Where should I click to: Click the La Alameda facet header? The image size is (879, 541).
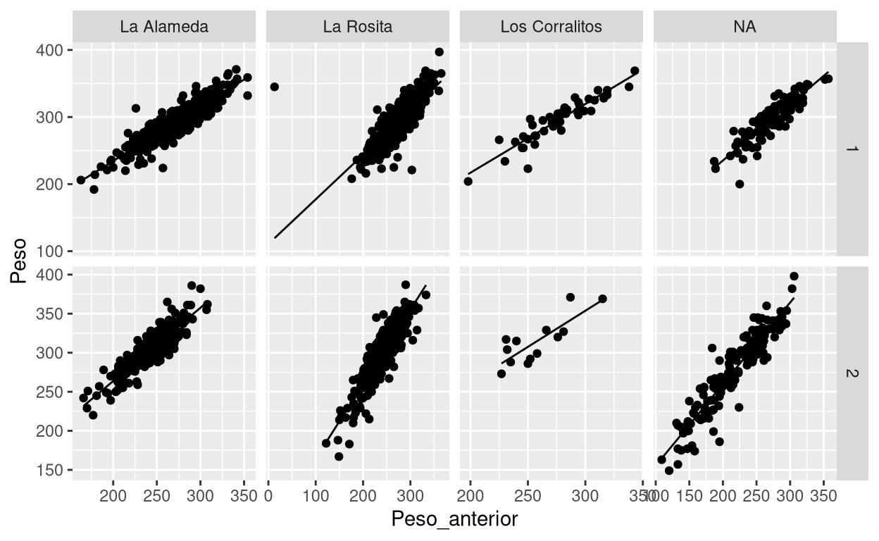pos(163,27)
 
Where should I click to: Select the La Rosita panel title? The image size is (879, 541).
pos(357,27)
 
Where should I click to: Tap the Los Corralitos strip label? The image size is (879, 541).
pos(551,27)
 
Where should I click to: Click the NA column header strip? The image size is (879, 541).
pos(744,27)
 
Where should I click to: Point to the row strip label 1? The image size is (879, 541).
pos(852,150)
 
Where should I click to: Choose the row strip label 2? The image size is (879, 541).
pos(852,373)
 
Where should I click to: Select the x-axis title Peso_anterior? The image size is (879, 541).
pos(454,520)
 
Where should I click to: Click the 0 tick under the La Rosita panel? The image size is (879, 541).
pos(269,495)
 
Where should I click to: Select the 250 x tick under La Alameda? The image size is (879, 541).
pos(157,495)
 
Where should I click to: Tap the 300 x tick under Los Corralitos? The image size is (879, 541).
pos(585,495)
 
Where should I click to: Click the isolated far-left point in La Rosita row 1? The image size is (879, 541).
pos(275,87)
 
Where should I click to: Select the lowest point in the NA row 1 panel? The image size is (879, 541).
pos(740,184)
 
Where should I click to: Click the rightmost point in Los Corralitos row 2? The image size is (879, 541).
pos(602,299)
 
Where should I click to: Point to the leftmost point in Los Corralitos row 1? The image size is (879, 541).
pos(468,181)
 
